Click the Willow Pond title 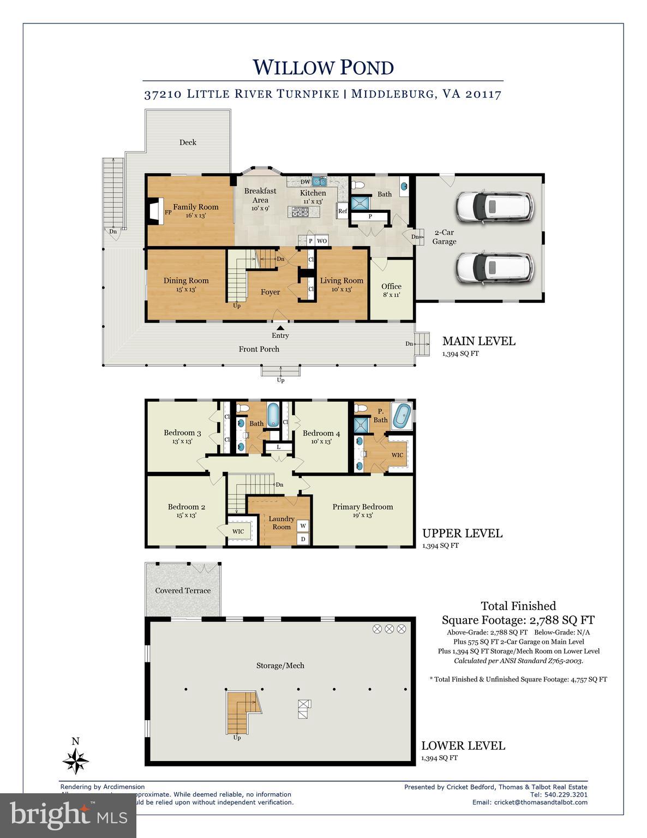point(323,68)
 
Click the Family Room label point(196,207)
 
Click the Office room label point(391,286)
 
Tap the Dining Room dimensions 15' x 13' point(186,290)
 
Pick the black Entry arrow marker point(280,327)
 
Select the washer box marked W point(303,526)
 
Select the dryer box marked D point(303,539)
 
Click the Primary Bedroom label point(363,507)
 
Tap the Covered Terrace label point(183,590)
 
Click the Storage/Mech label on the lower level point(280,666)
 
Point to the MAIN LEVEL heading point(478,342)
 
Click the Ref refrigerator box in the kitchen point(343,211)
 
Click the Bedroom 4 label point(321,433)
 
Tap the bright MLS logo point(68,816)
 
